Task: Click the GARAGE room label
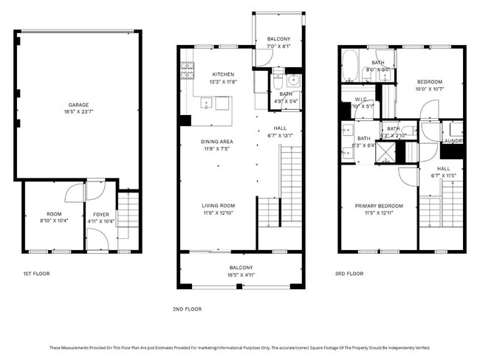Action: (78, 105)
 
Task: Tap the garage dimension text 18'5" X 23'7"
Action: (78, 113)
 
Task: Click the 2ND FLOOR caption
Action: (186, 309)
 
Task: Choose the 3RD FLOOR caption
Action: (349, 274)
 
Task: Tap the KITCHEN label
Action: (223, 75)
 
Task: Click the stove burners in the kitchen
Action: (187, 70)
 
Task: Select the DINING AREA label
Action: (217, 141)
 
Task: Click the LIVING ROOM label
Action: (219, 206)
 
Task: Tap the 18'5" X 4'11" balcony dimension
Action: (241, 274)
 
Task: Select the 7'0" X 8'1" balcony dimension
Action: (278, 46)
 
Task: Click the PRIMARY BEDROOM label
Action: (379, 206)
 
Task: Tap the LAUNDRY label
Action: (453, 140)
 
